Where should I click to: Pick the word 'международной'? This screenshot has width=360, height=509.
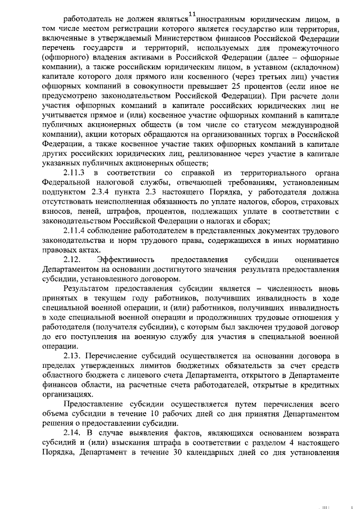coord(308,125)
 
